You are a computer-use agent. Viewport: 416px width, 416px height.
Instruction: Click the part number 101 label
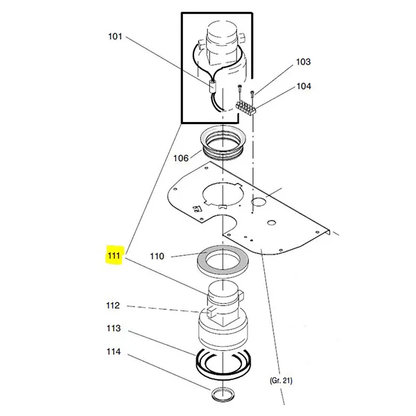(115, 36)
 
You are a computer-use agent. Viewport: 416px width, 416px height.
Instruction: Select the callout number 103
(303, 62)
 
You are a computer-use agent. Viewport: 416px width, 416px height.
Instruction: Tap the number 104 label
(304, 86)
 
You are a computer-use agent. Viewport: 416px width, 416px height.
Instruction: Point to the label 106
(181, 158)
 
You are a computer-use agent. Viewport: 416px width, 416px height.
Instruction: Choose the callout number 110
(157, 257)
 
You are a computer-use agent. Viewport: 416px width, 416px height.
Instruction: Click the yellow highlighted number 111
(114, 256)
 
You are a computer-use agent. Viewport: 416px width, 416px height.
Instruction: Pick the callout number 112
(113, 305)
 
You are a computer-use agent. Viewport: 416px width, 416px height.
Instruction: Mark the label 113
(114, 329)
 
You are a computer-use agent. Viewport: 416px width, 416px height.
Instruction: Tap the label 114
(114, 352)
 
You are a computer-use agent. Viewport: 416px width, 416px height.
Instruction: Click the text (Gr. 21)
(281, 381)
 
